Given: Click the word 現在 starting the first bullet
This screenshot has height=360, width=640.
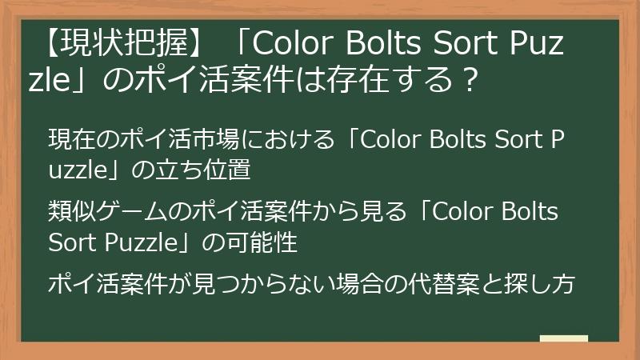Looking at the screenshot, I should pos(68,140).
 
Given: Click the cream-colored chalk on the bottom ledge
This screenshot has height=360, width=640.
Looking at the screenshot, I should pos(564,338).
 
